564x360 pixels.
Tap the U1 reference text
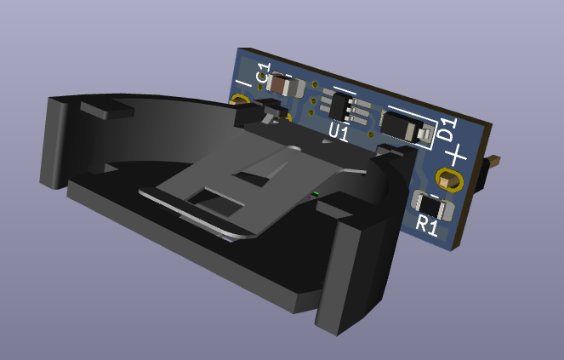(339, 132)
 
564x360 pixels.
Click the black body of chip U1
(339, 107)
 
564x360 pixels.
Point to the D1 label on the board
(448, 129)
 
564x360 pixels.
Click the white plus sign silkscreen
(456, 156)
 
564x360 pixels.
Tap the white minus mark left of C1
(243, 85)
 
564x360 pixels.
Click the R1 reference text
(427, 226)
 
